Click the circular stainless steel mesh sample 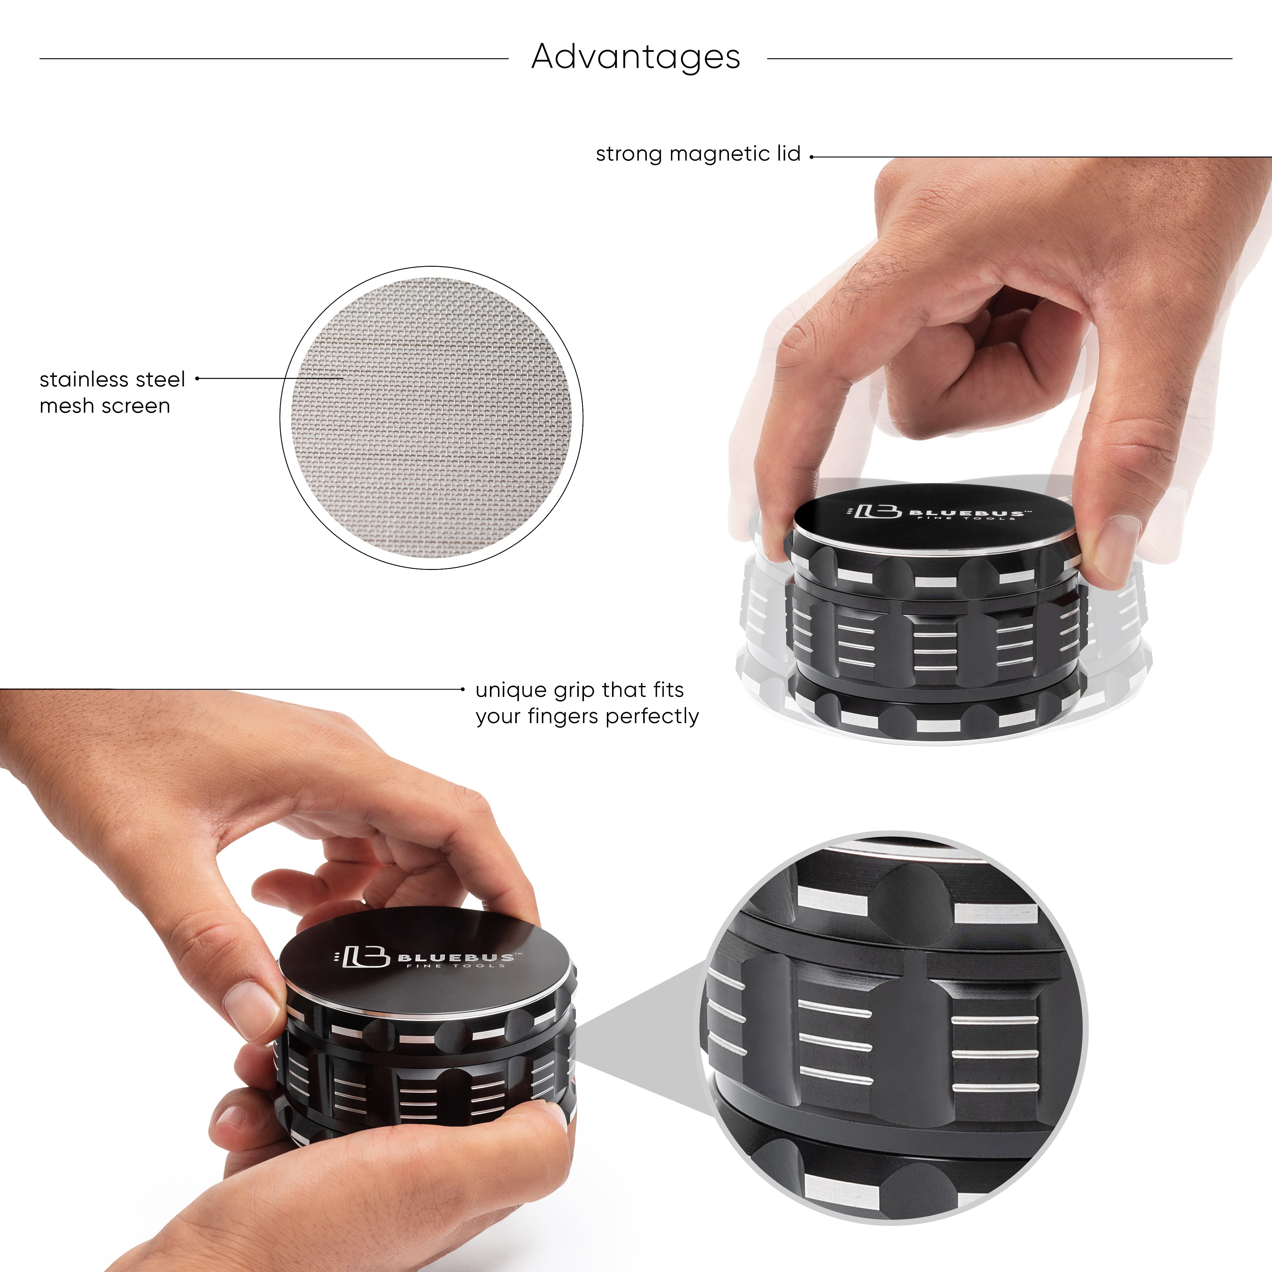(431, 417)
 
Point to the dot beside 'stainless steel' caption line (197, 379)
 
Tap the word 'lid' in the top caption (788, 154)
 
